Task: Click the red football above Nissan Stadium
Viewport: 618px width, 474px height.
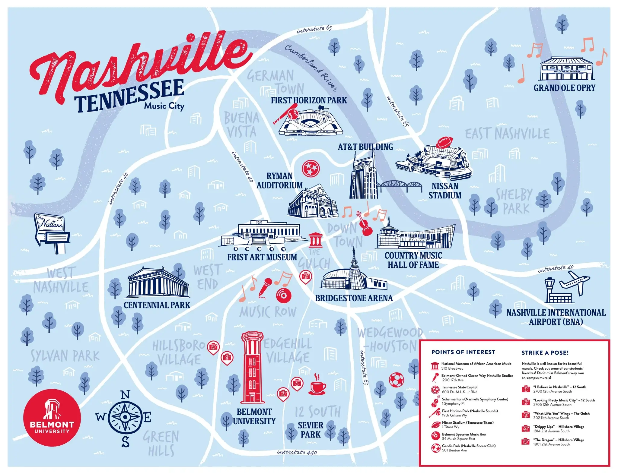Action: coord(445,142)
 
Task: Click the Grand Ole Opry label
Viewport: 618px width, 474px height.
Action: coord(564,88)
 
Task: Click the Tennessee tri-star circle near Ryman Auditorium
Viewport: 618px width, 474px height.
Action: coord(311,168)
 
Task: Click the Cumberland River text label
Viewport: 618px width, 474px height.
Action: coord(311,67)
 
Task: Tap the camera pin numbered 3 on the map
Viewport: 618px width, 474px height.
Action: coord(305,276)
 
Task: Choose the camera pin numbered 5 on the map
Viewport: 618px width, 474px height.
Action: coord(213,347)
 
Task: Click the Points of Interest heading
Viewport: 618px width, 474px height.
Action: coord(463,352)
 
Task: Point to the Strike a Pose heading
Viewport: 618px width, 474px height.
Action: coord(545,352)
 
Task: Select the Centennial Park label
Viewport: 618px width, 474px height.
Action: coord(157,305)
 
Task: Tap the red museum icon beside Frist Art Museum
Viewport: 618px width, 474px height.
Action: coord(315,241)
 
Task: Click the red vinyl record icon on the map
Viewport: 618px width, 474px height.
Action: coord(283,295)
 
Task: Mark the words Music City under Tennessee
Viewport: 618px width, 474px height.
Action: coord(164,106)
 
